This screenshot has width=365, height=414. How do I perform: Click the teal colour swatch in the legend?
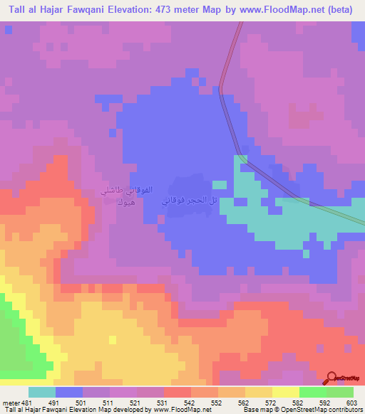42,392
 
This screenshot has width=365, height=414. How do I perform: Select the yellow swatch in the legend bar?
286,392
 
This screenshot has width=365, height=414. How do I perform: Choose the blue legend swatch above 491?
69,392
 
